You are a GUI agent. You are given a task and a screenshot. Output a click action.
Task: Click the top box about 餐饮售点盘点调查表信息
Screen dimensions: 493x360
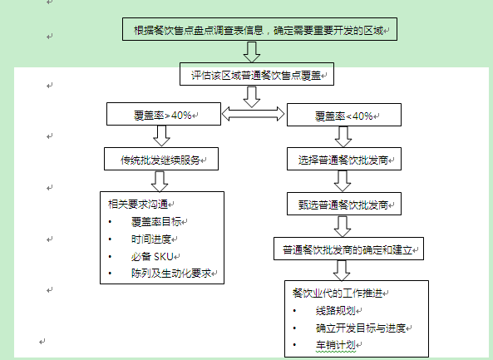pyautogui.click(x=259, y=29)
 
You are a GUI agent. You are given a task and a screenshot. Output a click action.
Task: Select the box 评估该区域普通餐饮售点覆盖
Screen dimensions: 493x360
pyautogui.click(x=257, y=74)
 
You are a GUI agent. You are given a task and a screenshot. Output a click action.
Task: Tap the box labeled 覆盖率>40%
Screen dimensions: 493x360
pyautogui.click(x=164, y=114)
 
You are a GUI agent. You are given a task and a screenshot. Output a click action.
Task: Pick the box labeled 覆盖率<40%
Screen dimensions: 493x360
pyautogui.click(x=344, y=115)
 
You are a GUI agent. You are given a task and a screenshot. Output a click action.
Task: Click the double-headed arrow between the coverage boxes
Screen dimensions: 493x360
pyautogui.click(x=254, y=114)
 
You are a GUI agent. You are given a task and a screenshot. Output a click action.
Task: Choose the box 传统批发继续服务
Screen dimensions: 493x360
pyautogui.click(x=161, y=159)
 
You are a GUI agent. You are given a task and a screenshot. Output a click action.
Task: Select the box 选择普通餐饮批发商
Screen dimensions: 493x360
pyautogui.click(x=344, y=159)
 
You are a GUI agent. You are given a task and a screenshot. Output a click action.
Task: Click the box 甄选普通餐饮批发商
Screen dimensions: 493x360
pyautogui.click(x=344, y=204)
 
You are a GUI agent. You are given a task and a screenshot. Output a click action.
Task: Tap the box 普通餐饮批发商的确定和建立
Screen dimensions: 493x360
pyautogui.click(x=348, y=249)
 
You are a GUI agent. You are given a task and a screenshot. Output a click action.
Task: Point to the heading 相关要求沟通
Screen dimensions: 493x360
pyautogui.click(x=138, y=205)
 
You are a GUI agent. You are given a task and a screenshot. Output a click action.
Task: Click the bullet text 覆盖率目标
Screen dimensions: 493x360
pyautogui.click(x=156, y=222)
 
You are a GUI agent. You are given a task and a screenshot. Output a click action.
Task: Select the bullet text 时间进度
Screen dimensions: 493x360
pyautogui.click(x=151, y=239)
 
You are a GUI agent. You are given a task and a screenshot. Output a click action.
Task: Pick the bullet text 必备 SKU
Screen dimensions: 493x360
pyautogui.click(x=152, y=256)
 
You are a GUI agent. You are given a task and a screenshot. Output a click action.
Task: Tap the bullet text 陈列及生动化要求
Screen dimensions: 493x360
pyautogui.click(x=171, y=274)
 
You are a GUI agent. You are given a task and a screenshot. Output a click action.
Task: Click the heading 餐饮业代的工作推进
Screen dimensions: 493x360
pyautogui.click(x=338, y=293)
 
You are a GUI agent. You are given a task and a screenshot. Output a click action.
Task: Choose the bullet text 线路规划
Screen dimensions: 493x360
pyautogui.click(x=336, y=311)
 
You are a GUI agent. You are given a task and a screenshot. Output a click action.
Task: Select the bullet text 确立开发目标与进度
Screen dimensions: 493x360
pyautogui.click(x=361, y=328)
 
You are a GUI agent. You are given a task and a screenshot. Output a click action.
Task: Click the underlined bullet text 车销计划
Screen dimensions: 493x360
pyautogui.click(x=336, y=345)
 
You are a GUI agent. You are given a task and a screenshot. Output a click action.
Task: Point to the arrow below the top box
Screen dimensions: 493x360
pyautogui.click(x=252, y=52)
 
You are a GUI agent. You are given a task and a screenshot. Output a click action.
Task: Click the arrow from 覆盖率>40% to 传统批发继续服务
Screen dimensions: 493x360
pyautogui.click(x=161, y=136)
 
